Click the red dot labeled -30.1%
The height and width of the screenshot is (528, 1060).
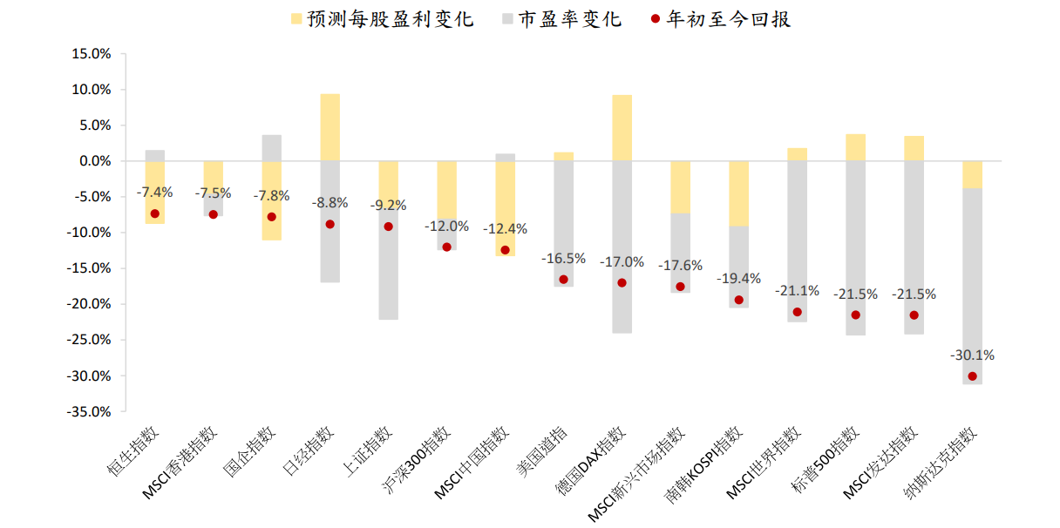(972, 376)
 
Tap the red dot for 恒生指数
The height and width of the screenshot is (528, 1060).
(155, 213)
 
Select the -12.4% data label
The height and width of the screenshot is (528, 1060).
(505, 229)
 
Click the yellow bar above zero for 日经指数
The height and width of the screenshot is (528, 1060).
(330, 127)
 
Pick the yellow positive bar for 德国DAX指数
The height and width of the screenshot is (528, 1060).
(622, 128)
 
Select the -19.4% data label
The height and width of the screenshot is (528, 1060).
(739, 279)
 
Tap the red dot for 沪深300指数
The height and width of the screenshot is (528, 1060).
(447, 247)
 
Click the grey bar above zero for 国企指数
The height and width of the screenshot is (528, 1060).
(272, 148)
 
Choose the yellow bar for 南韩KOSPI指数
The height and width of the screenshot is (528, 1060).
(739, 193)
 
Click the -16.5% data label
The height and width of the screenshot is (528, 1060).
(563, 259)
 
